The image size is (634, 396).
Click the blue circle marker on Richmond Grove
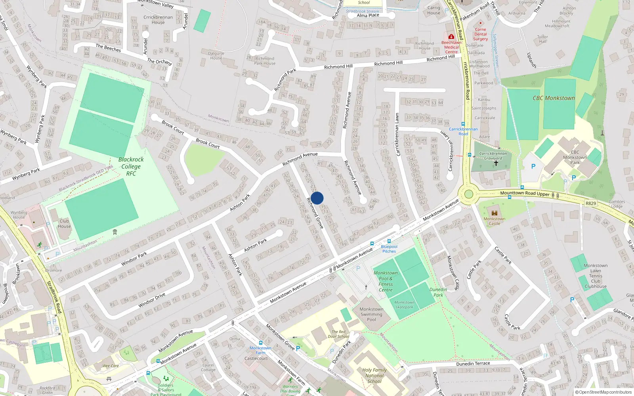pyautogui.click(x=317, y=198)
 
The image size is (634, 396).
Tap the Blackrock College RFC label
pyautogui.click(x=131, y=166)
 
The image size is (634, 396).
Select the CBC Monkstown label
pyautogui.click(x=554, y=98)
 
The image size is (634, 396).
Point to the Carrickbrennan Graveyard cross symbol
pyautogui.click(x=496, y=163)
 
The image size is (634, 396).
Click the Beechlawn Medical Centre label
pyautogui.click(x=451, y=47)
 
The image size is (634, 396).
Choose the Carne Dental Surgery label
pyautogui.click(x=480, y=34)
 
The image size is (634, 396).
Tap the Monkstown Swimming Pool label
pyautogui.click(x=371, y=314)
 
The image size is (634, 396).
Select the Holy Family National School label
pyautogui.click(x=374, y=376)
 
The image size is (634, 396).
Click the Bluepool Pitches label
pyautogui.click(x=389, y=249)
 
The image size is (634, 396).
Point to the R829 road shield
pyautogui.click(x=590, y=203)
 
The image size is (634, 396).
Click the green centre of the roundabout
pyautogui.click(x=469, y=194)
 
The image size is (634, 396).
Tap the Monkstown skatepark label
pyautogui.click(x=404, y=305)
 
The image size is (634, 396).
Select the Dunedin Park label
pyautogui.click(x=438, y=292)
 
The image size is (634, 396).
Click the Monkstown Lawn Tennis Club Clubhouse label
pyautogui.click(x=596, y=276)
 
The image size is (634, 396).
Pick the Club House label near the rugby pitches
pyautogui.click(x=64, y=224)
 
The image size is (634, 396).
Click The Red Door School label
pyautogui.click(x=338, y=334)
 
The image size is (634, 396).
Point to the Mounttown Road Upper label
pyautogui.click(x=525, y=193)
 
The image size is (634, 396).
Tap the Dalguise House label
pyautogui.click(x=216, y=55)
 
